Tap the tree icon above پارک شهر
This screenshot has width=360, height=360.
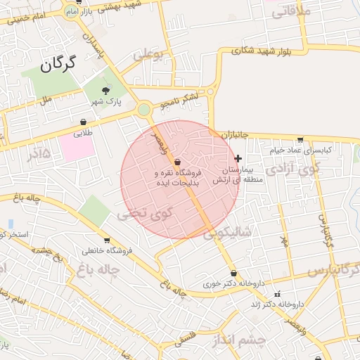pyautogui.click(x=106, y=90)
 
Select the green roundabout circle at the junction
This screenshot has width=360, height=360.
pyautogui.click(x=144, y=109)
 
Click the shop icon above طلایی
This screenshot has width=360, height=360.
pyautogui.click(x=84, y=122)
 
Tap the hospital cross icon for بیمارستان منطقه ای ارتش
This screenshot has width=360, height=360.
pyautogui.click(x=238, y=158)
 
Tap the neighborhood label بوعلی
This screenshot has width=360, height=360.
pyautogui.click(x=148, y=54)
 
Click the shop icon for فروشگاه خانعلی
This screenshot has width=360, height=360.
pyautogui.click(x=107, y=240)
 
